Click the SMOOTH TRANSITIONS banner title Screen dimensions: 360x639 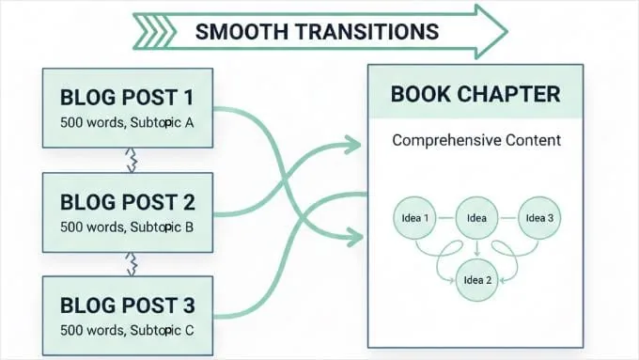pos(317,31)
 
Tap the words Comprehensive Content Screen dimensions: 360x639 pos(475,142)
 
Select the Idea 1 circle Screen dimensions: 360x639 pos(414,219)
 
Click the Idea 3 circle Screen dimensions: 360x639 pos(540,218)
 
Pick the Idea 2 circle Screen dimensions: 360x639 pos(476,280)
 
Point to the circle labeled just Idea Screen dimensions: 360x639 pos(475,218)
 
